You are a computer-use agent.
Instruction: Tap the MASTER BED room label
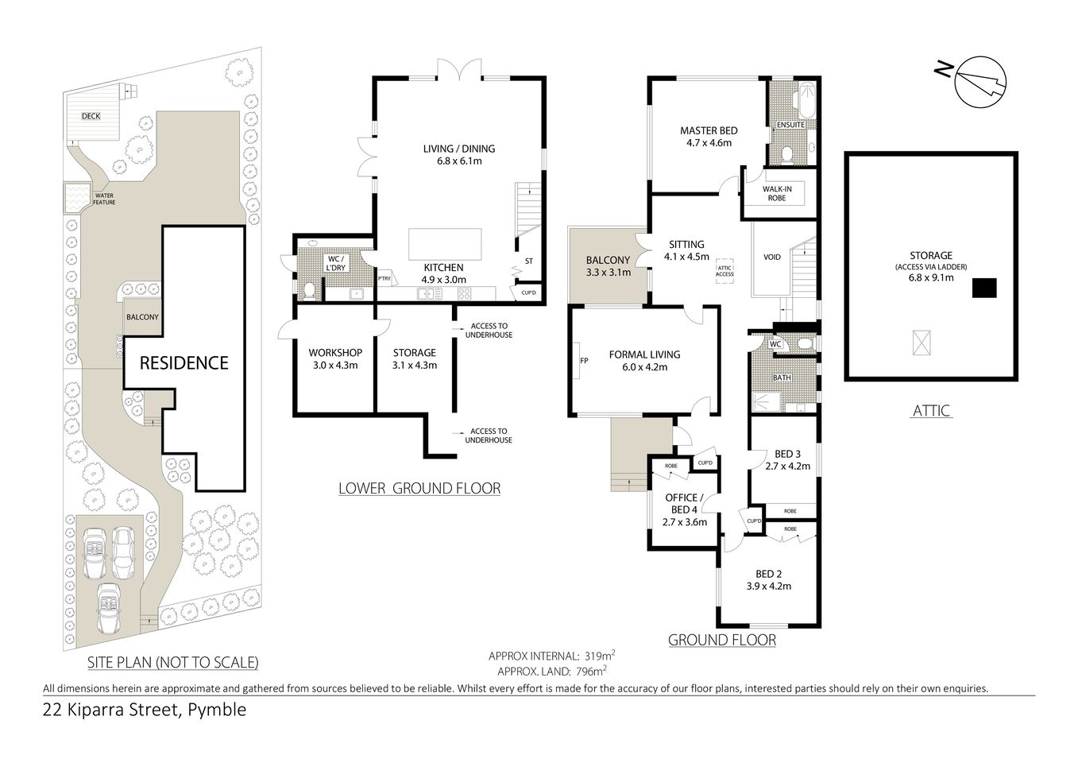(709, 131)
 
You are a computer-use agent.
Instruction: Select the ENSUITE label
(790, 125)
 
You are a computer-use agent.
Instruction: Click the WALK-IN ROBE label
(777, 193)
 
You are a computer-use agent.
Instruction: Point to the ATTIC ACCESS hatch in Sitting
(724, 269)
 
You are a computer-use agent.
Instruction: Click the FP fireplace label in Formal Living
(584, 361)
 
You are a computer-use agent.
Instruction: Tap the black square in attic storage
(985, 288)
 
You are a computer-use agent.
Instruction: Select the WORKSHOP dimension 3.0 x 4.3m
(334, 366)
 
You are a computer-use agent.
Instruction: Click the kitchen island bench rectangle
(445, 244)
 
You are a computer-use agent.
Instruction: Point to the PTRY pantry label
(384, 278)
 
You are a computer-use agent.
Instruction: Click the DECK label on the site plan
(91, 117)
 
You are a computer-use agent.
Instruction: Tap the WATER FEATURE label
(104, 199)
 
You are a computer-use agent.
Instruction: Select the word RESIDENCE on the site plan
(184, 363)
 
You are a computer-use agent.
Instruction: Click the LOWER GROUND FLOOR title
(419, 488)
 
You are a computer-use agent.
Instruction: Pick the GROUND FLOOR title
(721, 640)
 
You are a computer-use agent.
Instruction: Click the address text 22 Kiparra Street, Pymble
(145, 710)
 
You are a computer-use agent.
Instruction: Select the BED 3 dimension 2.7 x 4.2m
(786, 467)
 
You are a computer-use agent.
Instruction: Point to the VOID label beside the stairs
(771, 258)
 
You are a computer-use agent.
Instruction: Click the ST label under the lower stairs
(528, 261)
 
